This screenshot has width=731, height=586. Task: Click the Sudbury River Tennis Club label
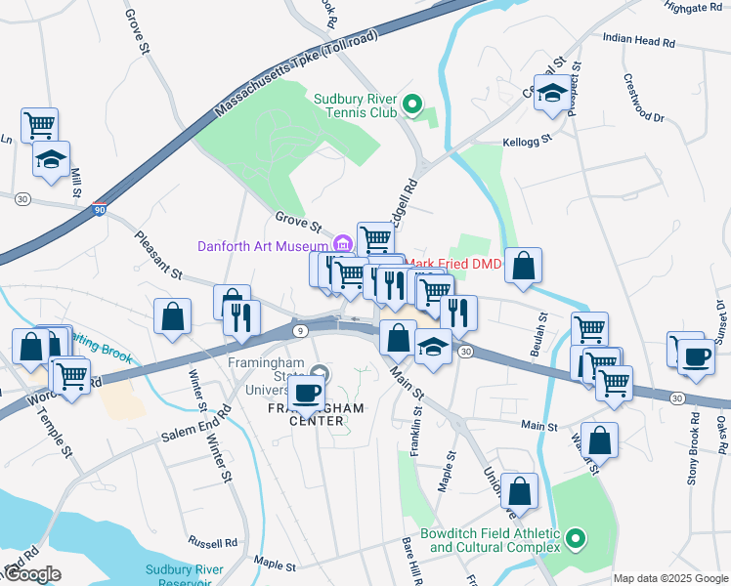355,105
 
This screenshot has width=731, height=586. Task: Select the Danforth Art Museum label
263,246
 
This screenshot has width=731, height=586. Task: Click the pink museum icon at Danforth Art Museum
341,244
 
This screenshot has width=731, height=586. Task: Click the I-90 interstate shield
100,208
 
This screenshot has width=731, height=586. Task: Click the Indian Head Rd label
639,42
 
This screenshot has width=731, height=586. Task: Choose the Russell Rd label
213,542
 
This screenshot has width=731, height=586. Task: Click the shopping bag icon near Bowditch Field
522,490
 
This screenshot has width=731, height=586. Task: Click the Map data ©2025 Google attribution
670,578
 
